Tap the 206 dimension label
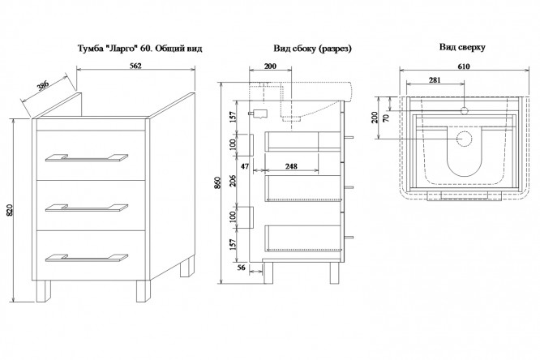click(x=233, y=183)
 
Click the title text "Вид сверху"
click(x=463, y=48)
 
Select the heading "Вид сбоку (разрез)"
click(x=312, y=49)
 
